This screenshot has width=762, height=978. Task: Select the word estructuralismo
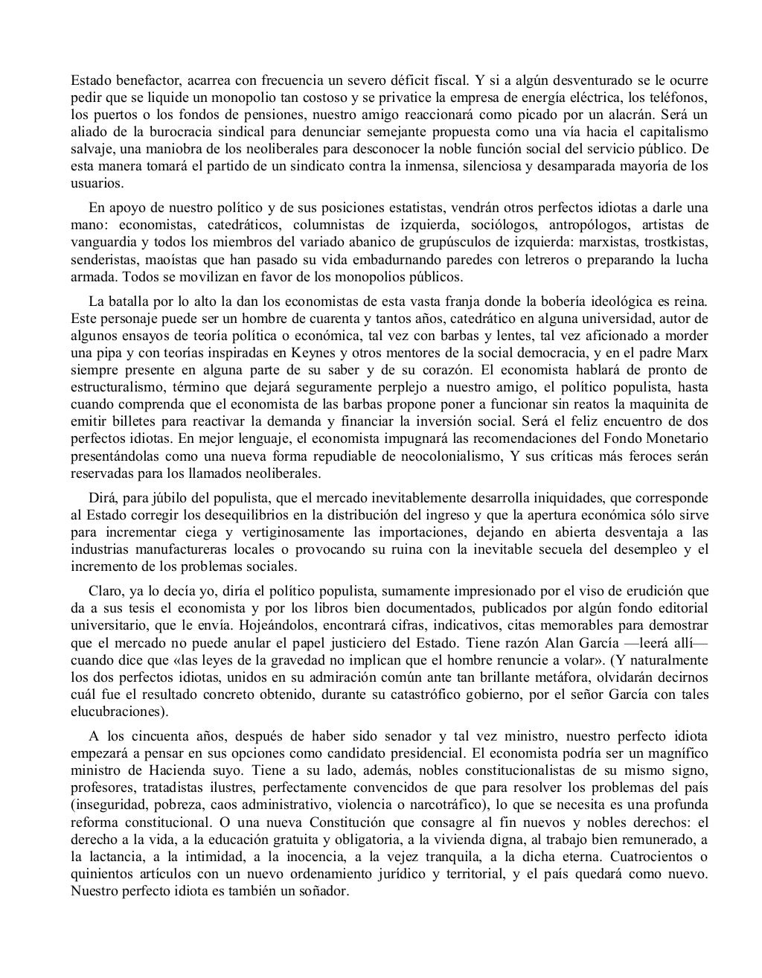click(118, 387)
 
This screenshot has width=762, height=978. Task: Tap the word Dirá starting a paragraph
click(101, 497)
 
